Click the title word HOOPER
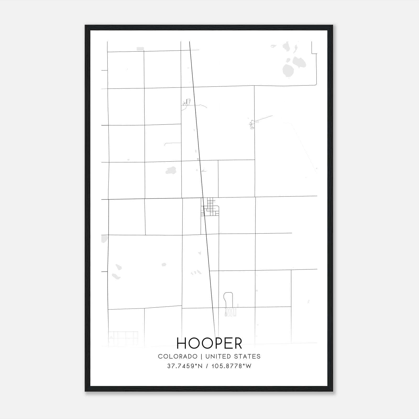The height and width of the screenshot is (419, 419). point(210,343)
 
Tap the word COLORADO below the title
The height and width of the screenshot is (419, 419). point(178,356)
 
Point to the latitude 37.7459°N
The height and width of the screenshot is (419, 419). point(185,366)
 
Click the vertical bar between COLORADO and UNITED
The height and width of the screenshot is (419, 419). point(201,356)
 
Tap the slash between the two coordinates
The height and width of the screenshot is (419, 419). point(207,366)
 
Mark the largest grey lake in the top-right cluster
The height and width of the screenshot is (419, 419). point(299,63)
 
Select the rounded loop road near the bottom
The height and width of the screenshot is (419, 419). point(228,299)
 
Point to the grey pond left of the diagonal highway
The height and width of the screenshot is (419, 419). point(171,170)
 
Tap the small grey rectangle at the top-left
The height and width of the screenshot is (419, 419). point(140,49)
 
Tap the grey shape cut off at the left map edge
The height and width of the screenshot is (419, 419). point(104,239)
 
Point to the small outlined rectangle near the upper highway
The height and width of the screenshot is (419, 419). point(188,101)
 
